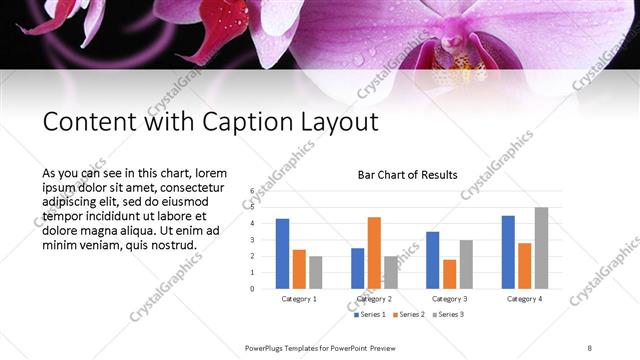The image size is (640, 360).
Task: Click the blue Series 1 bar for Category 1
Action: point(282,253)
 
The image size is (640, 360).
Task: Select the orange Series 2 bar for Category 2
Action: point(374,252)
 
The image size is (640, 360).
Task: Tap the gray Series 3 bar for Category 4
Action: point(541,247)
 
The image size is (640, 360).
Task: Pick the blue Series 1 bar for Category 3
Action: point(432,260)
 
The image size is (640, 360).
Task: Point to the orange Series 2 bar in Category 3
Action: point(449,274)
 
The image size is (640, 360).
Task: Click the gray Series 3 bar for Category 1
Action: point(316,272)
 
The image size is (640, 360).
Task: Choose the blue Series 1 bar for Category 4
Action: point(508,252)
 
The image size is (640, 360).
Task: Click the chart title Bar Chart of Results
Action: point(408,175)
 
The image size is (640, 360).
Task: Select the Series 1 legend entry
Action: point(368,315)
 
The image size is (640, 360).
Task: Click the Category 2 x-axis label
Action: point(374,299)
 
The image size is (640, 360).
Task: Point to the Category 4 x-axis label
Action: point(524,299)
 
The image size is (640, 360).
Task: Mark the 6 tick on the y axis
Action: point(253,190)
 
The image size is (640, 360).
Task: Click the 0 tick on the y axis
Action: point(253,289)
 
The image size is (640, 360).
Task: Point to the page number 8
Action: point(590,347)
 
